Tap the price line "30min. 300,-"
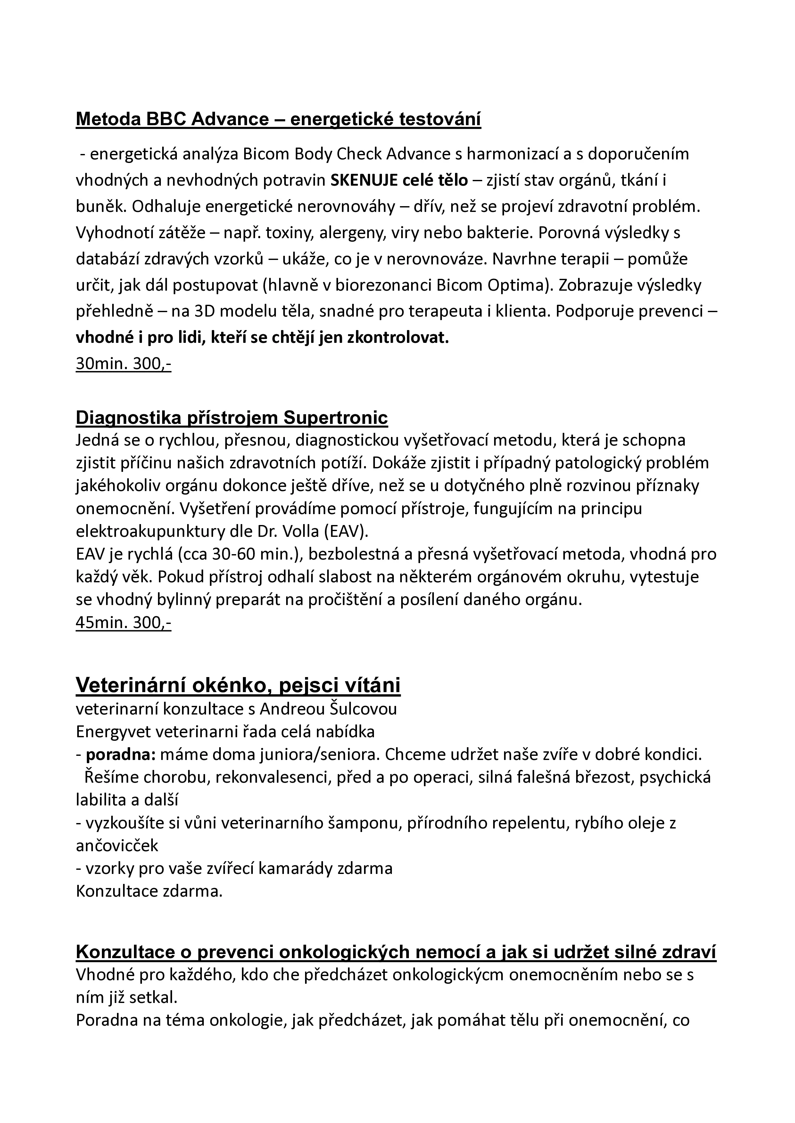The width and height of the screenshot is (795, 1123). [123, 364]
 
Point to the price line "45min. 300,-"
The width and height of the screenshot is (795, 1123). [123, 623]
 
